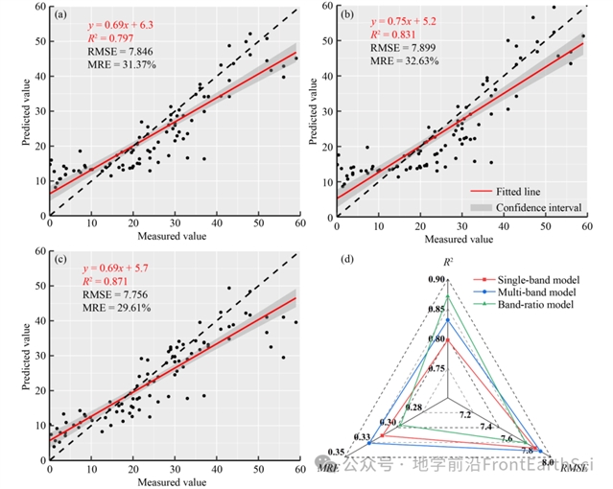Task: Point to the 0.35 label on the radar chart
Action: [337, 453]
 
